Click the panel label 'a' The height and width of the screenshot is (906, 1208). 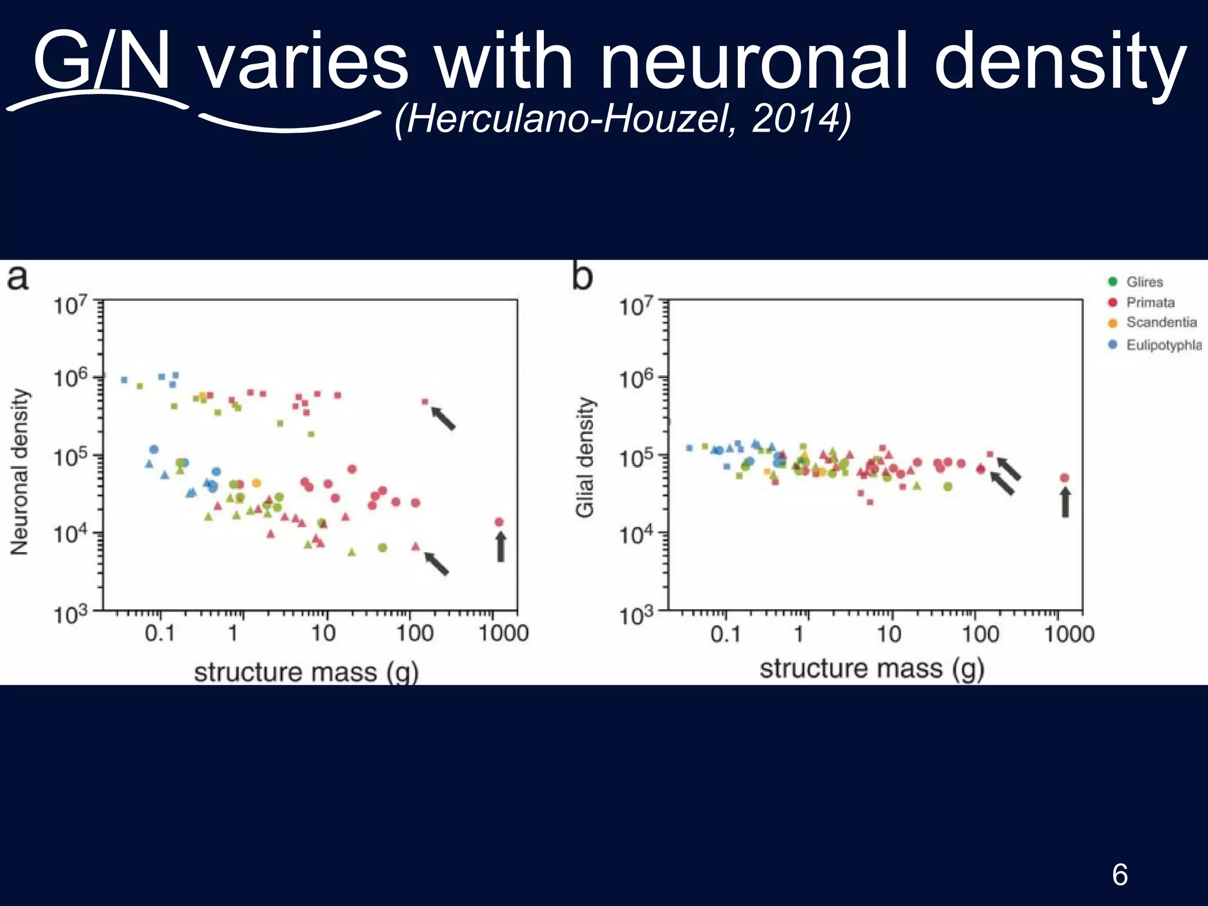18,277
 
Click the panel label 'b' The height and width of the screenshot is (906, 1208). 582,276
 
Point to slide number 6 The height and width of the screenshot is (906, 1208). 1120,874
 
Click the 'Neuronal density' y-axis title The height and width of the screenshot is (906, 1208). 19,472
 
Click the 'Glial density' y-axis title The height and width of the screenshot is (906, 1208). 585,458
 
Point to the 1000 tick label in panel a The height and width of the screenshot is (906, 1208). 503,633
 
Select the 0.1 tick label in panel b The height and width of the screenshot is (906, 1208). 725,635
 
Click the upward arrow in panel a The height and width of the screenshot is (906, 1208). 500,547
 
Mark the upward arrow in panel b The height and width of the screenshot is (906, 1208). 1065,503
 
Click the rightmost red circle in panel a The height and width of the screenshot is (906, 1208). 499,521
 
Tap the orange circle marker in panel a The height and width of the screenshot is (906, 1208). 257,483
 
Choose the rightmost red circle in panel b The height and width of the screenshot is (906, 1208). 1065,478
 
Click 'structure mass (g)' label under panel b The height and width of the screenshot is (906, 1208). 872,669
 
